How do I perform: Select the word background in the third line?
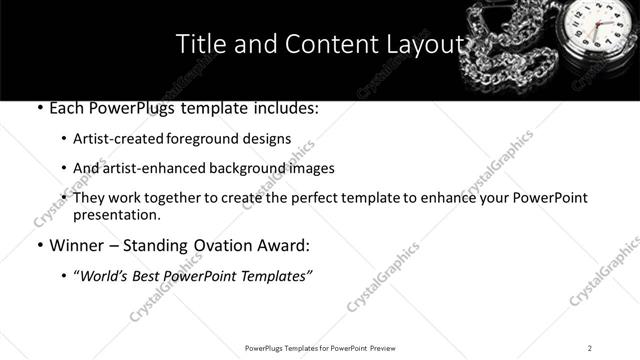263,168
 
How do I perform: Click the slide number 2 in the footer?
590,347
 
